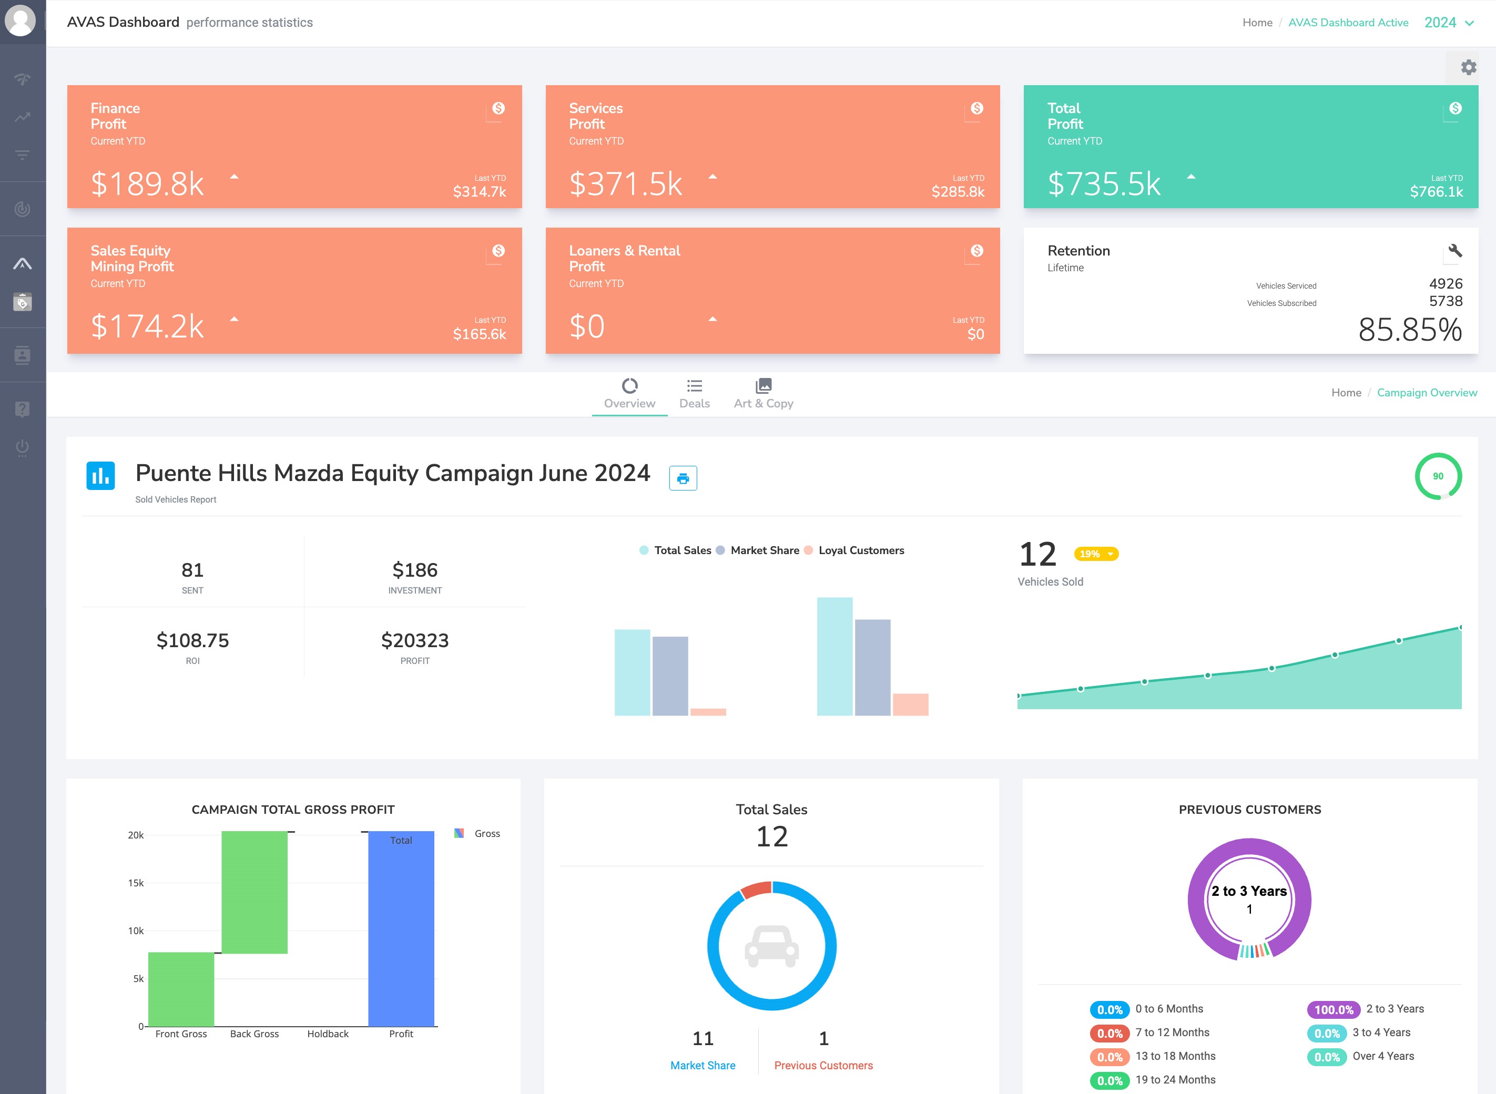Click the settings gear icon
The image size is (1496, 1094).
coord(1468,67)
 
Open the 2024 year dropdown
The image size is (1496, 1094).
coord(1449,23)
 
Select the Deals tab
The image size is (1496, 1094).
coord(694,394)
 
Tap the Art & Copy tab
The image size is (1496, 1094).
coord(763,394)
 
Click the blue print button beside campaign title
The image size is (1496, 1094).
coord(683,478)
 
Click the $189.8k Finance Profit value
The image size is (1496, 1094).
coord(147,183)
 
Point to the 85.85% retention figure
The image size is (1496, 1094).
coord(1410,330)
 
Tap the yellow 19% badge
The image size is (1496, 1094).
coord(1096,554)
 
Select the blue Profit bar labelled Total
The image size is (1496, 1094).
coord(401,927)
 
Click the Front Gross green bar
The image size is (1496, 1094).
coord(181,989)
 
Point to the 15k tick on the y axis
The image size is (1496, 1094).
coord(136,883)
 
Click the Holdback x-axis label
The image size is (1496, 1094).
coord(328,1034)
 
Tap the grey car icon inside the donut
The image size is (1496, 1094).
coord(771,946)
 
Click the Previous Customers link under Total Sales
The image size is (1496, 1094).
coord(823,1065)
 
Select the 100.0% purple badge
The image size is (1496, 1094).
coord(1333,1009)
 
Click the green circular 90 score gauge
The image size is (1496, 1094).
coord(1438,476)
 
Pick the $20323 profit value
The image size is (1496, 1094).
coord(414,640)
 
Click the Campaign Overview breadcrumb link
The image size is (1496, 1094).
coord(1427,393)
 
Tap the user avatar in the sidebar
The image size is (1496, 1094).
coord(21,21)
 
